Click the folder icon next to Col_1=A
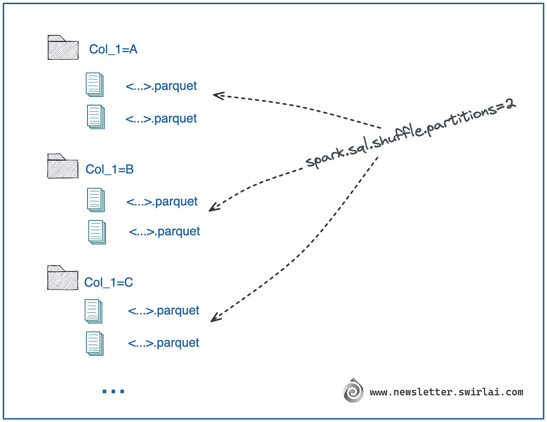coord(63,48)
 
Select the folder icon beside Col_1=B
coord(62,166)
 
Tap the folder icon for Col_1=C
coord(62,278)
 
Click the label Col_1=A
coord(113,49)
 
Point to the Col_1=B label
coord(109,169)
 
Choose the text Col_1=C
coord(108,282)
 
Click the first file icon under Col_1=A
coord(94,84)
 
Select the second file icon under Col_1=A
coord(95,117)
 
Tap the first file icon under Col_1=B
coord(95,200)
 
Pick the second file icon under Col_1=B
coord(97,232)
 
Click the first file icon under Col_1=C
coord(93,311)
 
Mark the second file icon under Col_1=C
coord(94,343)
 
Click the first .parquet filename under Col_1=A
coord(161,86)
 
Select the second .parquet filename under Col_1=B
coord(164,231)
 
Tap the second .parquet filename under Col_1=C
coord(163,343)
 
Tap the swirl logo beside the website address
coord(353,391)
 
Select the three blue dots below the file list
coord(113,391)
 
